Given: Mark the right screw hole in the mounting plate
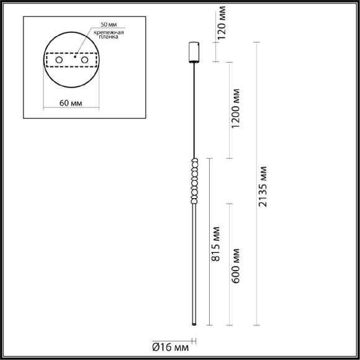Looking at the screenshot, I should click(84, 60).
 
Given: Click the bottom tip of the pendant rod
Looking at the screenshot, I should click(193, 324).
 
